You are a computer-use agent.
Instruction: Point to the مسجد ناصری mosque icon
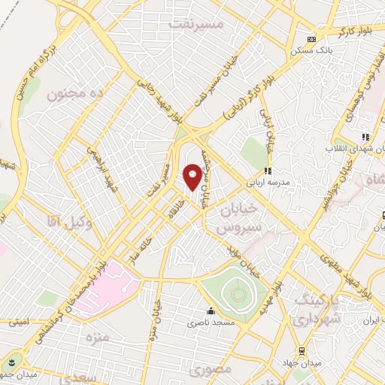tap(210, 311)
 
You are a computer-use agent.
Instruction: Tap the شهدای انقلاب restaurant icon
tap(365, 137)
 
